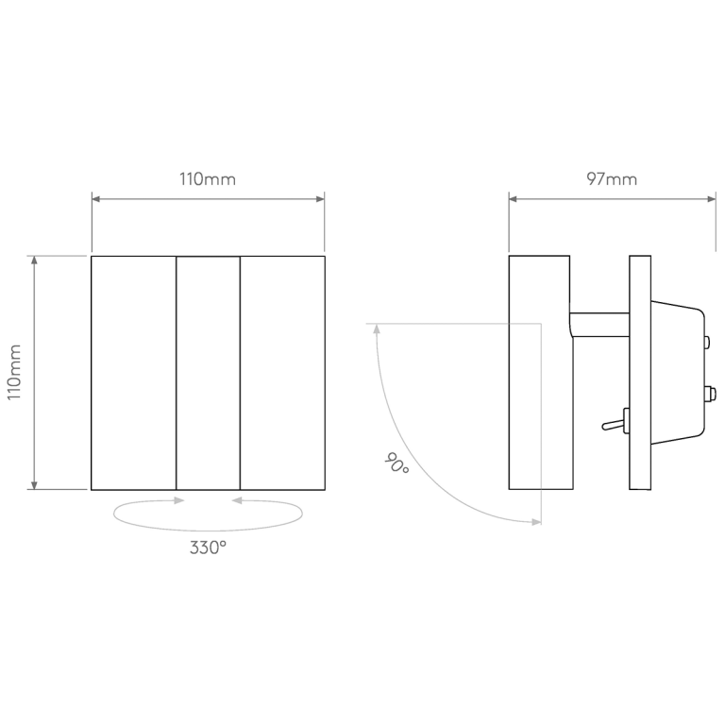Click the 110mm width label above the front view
click(x=208, y=179)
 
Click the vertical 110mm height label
click(x=15, y=372)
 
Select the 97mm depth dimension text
click(x=612, y=179)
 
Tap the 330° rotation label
click(x=208, y=548)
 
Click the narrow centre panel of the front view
click(x=208, y=372)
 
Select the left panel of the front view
click(x=134, y=372)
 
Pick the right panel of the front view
click(x=282, y=372)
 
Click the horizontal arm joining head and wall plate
click(x=599, y=324)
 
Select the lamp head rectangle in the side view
click(x=539, y=372)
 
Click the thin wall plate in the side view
click(x=640, y=372)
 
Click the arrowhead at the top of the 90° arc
click(x=377, y=329)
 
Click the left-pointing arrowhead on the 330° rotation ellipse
click(x=236, y=501)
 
